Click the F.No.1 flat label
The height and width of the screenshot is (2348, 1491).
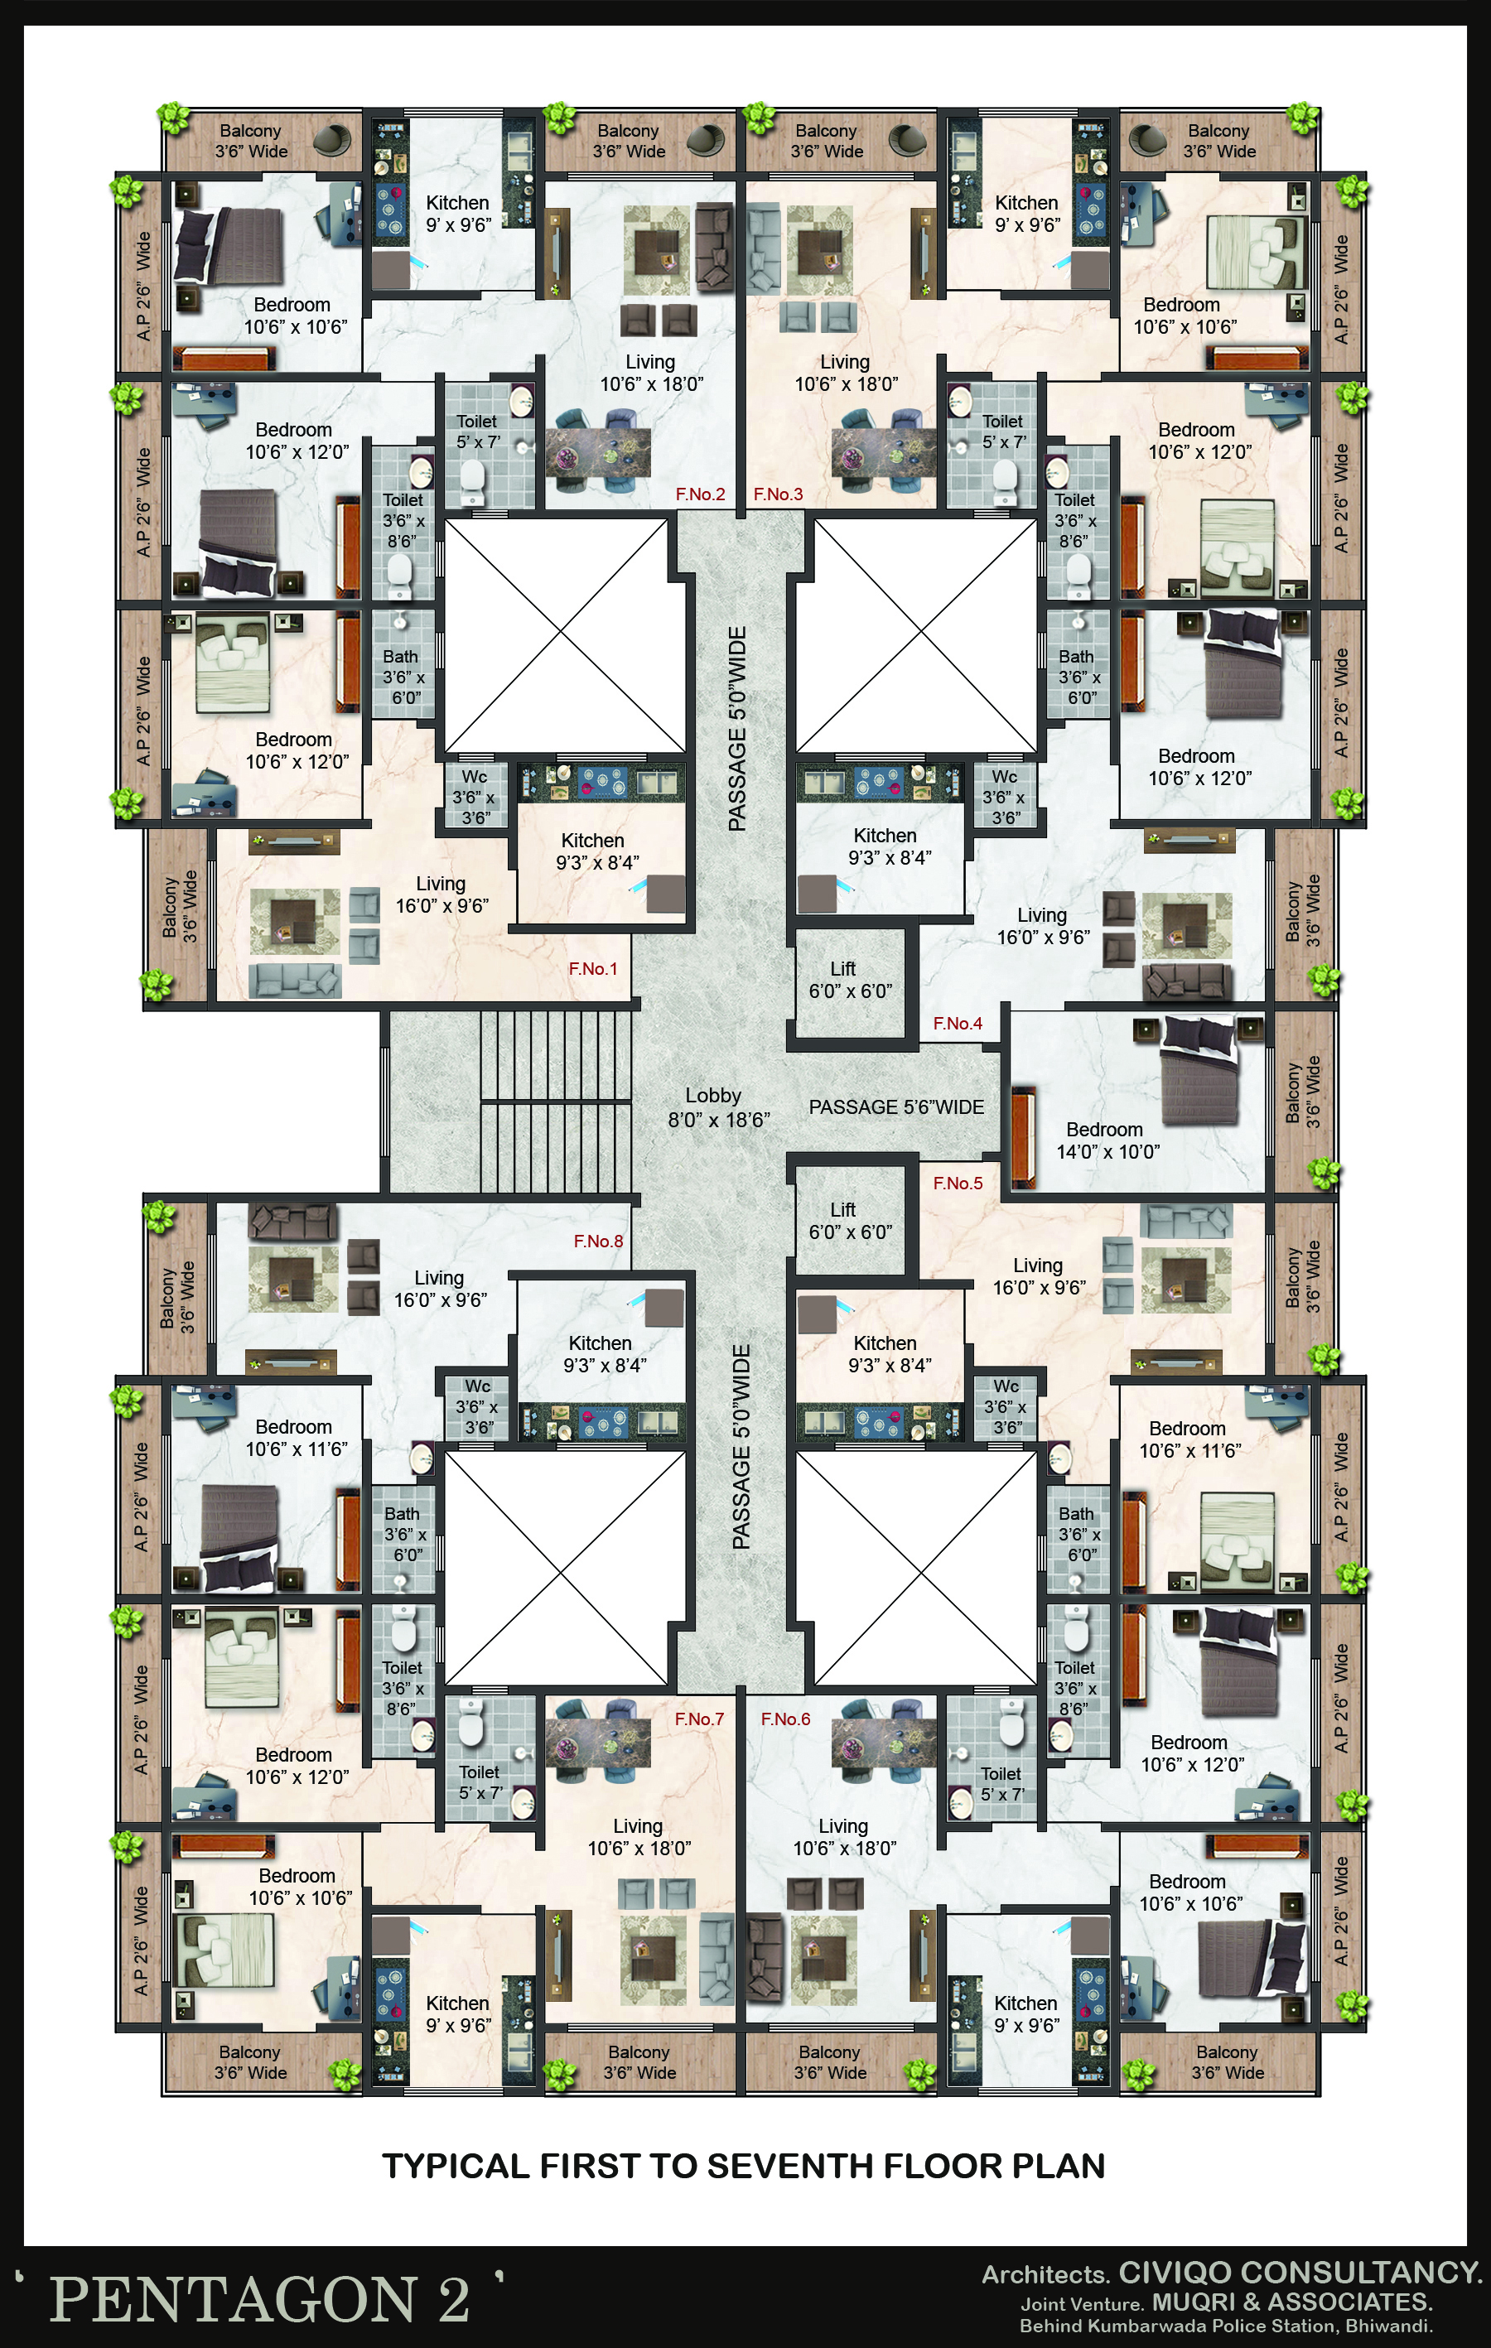(593, 968)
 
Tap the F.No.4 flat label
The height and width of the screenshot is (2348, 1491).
(958, 1023)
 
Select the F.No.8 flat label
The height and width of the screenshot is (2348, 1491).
(598, 1241)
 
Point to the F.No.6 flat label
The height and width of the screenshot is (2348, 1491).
(785, 1719)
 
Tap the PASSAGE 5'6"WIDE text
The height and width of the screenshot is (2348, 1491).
(896, 1107)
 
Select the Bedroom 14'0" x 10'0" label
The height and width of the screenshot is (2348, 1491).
(1107, 1140)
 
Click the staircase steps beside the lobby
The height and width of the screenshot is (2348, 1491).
(557, 1101)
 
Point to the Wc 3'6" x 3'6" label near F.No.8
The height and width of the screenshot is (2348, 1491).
(477, 1407)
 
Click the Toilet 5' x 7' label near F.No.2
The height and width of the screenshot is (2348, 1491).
(477, 431)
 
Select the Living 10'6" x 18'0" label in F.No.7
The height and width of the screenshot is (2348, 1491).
(639, 1837)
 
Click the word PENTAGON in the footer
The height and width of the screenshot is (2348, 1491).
(232, 2298)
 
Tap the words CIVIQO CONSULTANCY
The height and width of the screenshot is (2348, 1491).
(1300, 2273)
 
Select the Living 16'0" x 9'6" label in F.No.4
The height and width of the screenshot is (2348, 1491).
(1042, 926)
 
